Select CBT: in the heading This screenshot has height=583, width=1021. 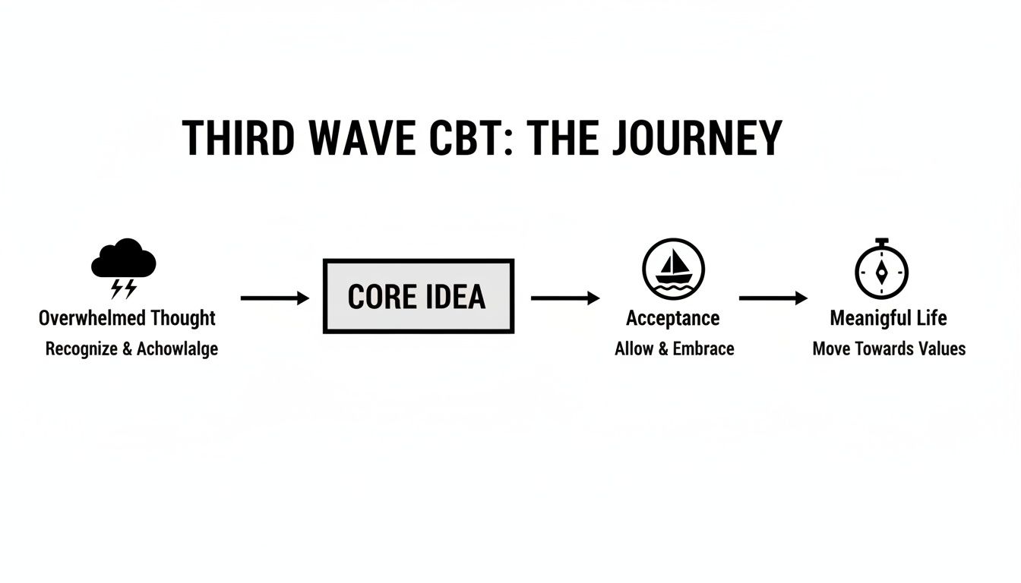[x=471, y=138]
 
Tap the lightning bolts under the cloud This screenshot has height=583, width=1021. [x=124, y=289]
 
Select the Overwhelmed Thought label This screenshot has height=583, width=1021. [x=127, y=318]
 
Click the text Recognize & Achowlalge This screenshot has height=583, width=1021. [x=131, y=349]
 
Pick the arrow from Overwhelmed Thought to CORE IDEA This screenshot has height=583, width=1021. [x=274, y=298]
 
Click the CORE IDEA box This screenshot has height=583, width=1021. [x=419, y=296]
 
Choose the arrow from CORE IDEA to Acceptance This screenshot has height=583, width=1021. [x=564, y=298]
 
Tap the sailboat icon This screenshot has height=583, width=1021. [x=673, y=269]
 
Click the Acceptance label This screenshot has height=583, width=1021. [x=672, y=318]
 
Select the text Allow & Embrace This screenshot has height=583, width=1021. [x=674, y=349]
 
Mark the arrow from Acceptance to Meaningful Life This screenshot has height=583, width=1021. [x=773, y=298]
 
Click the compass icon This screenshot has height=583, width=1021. [x=881, y=271]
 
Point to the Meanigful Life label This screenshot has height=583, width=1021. [x=888, y=318]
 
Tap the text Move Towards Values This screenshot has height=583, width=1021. [x=889, y=349]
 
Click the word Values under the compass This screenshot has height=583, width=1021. [x=942, y=349]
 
